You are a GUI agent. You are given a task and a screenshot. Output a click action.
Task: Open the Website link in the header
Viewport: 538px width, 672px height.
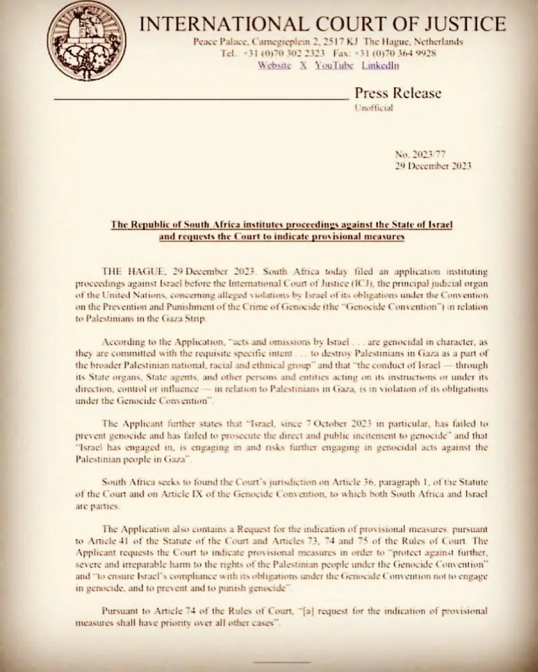coord(274,65)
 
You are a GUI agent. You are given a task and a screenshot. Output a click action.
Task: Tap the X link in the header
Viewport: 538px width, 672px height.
coord(304,65)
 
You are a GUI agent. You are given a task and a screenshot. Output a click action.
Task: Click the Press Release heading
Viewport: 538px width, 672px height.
coord(398,93)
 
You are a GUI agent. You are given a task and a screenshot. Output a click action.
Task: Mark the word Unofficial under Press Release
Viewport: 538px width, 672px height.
coord(374,108)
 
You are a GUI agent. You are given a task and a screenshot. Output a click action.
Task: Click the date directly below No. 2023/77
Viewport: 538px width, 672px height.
coord(432,166)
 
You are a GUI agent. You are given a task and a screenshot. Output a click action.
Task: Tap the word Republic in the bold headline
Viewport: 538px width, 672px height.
coord(150,224)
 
